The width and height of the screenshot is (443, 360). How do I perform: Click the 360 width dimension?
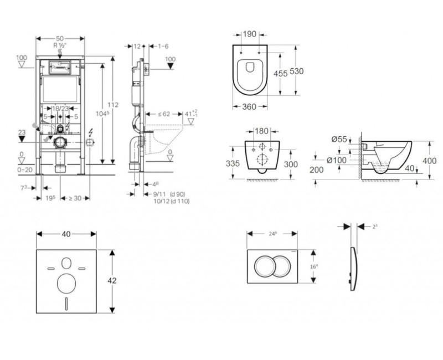click(x=250, y=106)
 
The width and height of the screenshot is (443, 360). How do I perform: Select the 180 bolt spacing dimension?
click(x=262, y=131)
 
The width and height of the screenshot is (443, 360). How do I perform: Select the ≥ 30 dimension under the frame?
click(x=74, y=198)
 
